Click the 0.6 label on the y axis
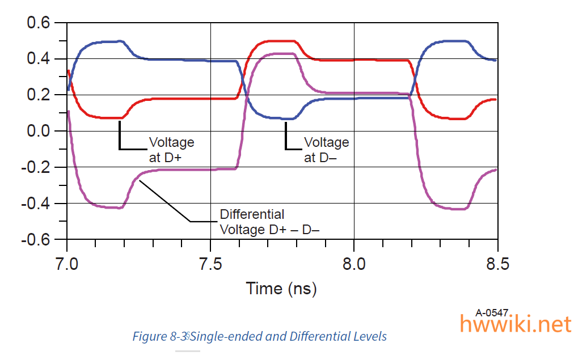click(x=39, y=23)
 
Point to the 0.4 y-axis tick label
click(x=39, y=58)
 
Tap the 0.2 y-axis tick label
click(x=39, y=95)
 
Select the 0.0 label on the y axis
click(x=39, y=131)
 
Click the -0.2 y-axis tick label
click(x=36, y=167)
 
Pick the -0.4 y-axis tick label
click(x=36, y=203)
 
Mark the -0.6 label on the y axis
click(x=36, y=240)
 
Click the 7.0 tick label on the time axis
click(x=67, y=264)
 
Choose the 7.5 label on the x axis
click(x=211, y=264)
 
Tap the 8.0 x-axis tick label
click(x=354, y=264)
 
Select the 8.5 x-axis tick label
click(x=497, y=264)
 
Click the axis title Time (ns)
click(x=281, y=289)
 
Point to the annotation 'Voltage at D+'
click(x=172, y=150)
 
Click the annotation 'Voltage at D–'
click(x=327, y=150)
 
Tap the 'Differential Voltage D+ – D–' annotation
click(x=270, y=222)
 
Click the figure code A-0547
click(x=492, y=313)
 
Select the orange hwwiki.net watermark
click(x=516, y=324)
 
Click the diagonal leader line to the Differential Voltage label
click(x=164, y=201)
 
